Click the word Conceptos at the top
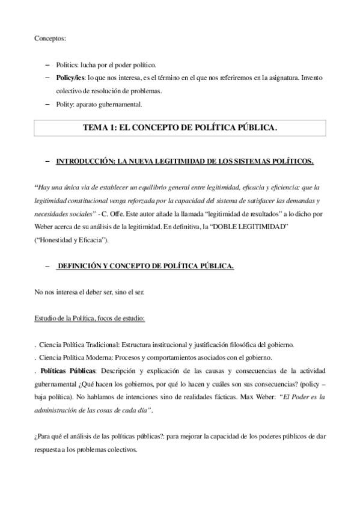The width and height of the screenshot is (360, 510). [x=50, y=38]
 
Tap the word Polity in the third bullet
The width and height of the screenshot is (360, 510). [x=65, y=104]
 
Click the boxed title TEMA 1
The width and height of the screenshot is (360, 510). [x=180, y=127]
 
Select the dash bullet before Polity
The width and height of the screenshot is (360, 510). [x=48, y=104]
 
